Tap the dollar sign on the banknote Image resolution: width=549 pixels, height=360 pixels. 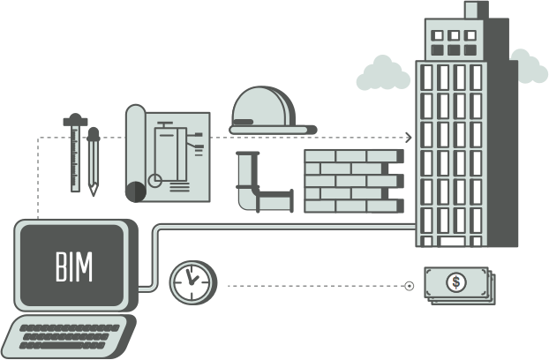click(455, 283)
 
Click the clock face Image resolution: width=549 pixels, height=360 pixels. click(192, 282)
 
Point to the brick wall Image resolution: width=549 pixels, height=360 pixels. click(351, 181)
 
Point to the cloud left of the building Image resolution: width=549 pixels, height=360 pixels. click(383, 74)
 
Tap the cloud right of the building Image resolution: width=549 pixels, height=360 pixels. click(529, 67)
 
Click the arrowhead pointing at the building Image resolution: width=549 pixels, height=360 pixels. click(409, 138)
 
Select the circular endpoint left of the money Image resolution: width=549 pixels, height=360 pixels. click(409, 285)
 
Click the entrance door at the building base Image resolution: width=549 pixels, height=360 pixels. click(451, 240)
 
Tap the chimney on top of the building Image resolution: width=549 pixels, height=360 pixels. click(471, 10)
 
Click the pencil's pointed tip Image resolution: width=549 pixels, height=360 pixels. click(93, 192)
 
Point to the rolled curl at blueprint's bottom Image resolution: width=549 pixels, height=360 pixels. click(134, 190)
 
